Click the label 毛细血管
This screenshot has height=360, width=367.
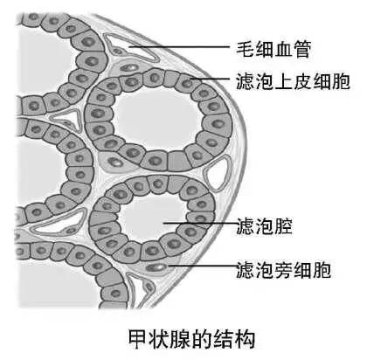pyautogui.click(x=274, y=49)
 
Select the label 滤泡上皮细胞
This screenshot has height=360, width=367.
pyautogui.click(x=293, y=81)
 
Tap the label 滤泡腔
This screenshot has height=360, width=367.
pyautogui.click(x=264, y=225)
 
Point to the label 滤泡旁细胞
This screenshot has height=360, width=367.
pyautogui.click(x=283, y=270)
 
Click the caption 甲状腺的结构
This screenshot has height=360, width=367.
pyautogui.click(x=191, y=339)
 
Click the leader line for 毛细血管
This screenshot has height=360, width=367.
pyautogui.click(x=179, y=46)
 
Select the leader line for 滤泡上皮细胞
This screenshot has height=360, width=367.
pyautogui.click(x=211, y=79)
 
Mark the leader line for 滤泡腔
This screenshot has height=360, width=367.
pyautogui.click(x=200, y=224)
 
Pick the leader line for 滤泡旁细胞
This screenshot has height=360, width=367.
pyautogui.click(x=204, y=266)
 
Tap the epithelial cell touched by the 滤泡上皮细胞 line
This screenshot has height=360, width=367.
pyautogui.click(x=187, y=83)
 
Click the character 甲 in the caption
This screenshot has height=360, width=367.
pyautogui.click(x=138, y=339)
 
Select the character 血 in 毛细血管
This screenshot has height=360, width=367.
pyautogui.click(x=283, y=49)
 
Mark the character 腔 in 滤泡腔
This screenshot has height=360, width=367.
pyautogui.click(x=283, y=226)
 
